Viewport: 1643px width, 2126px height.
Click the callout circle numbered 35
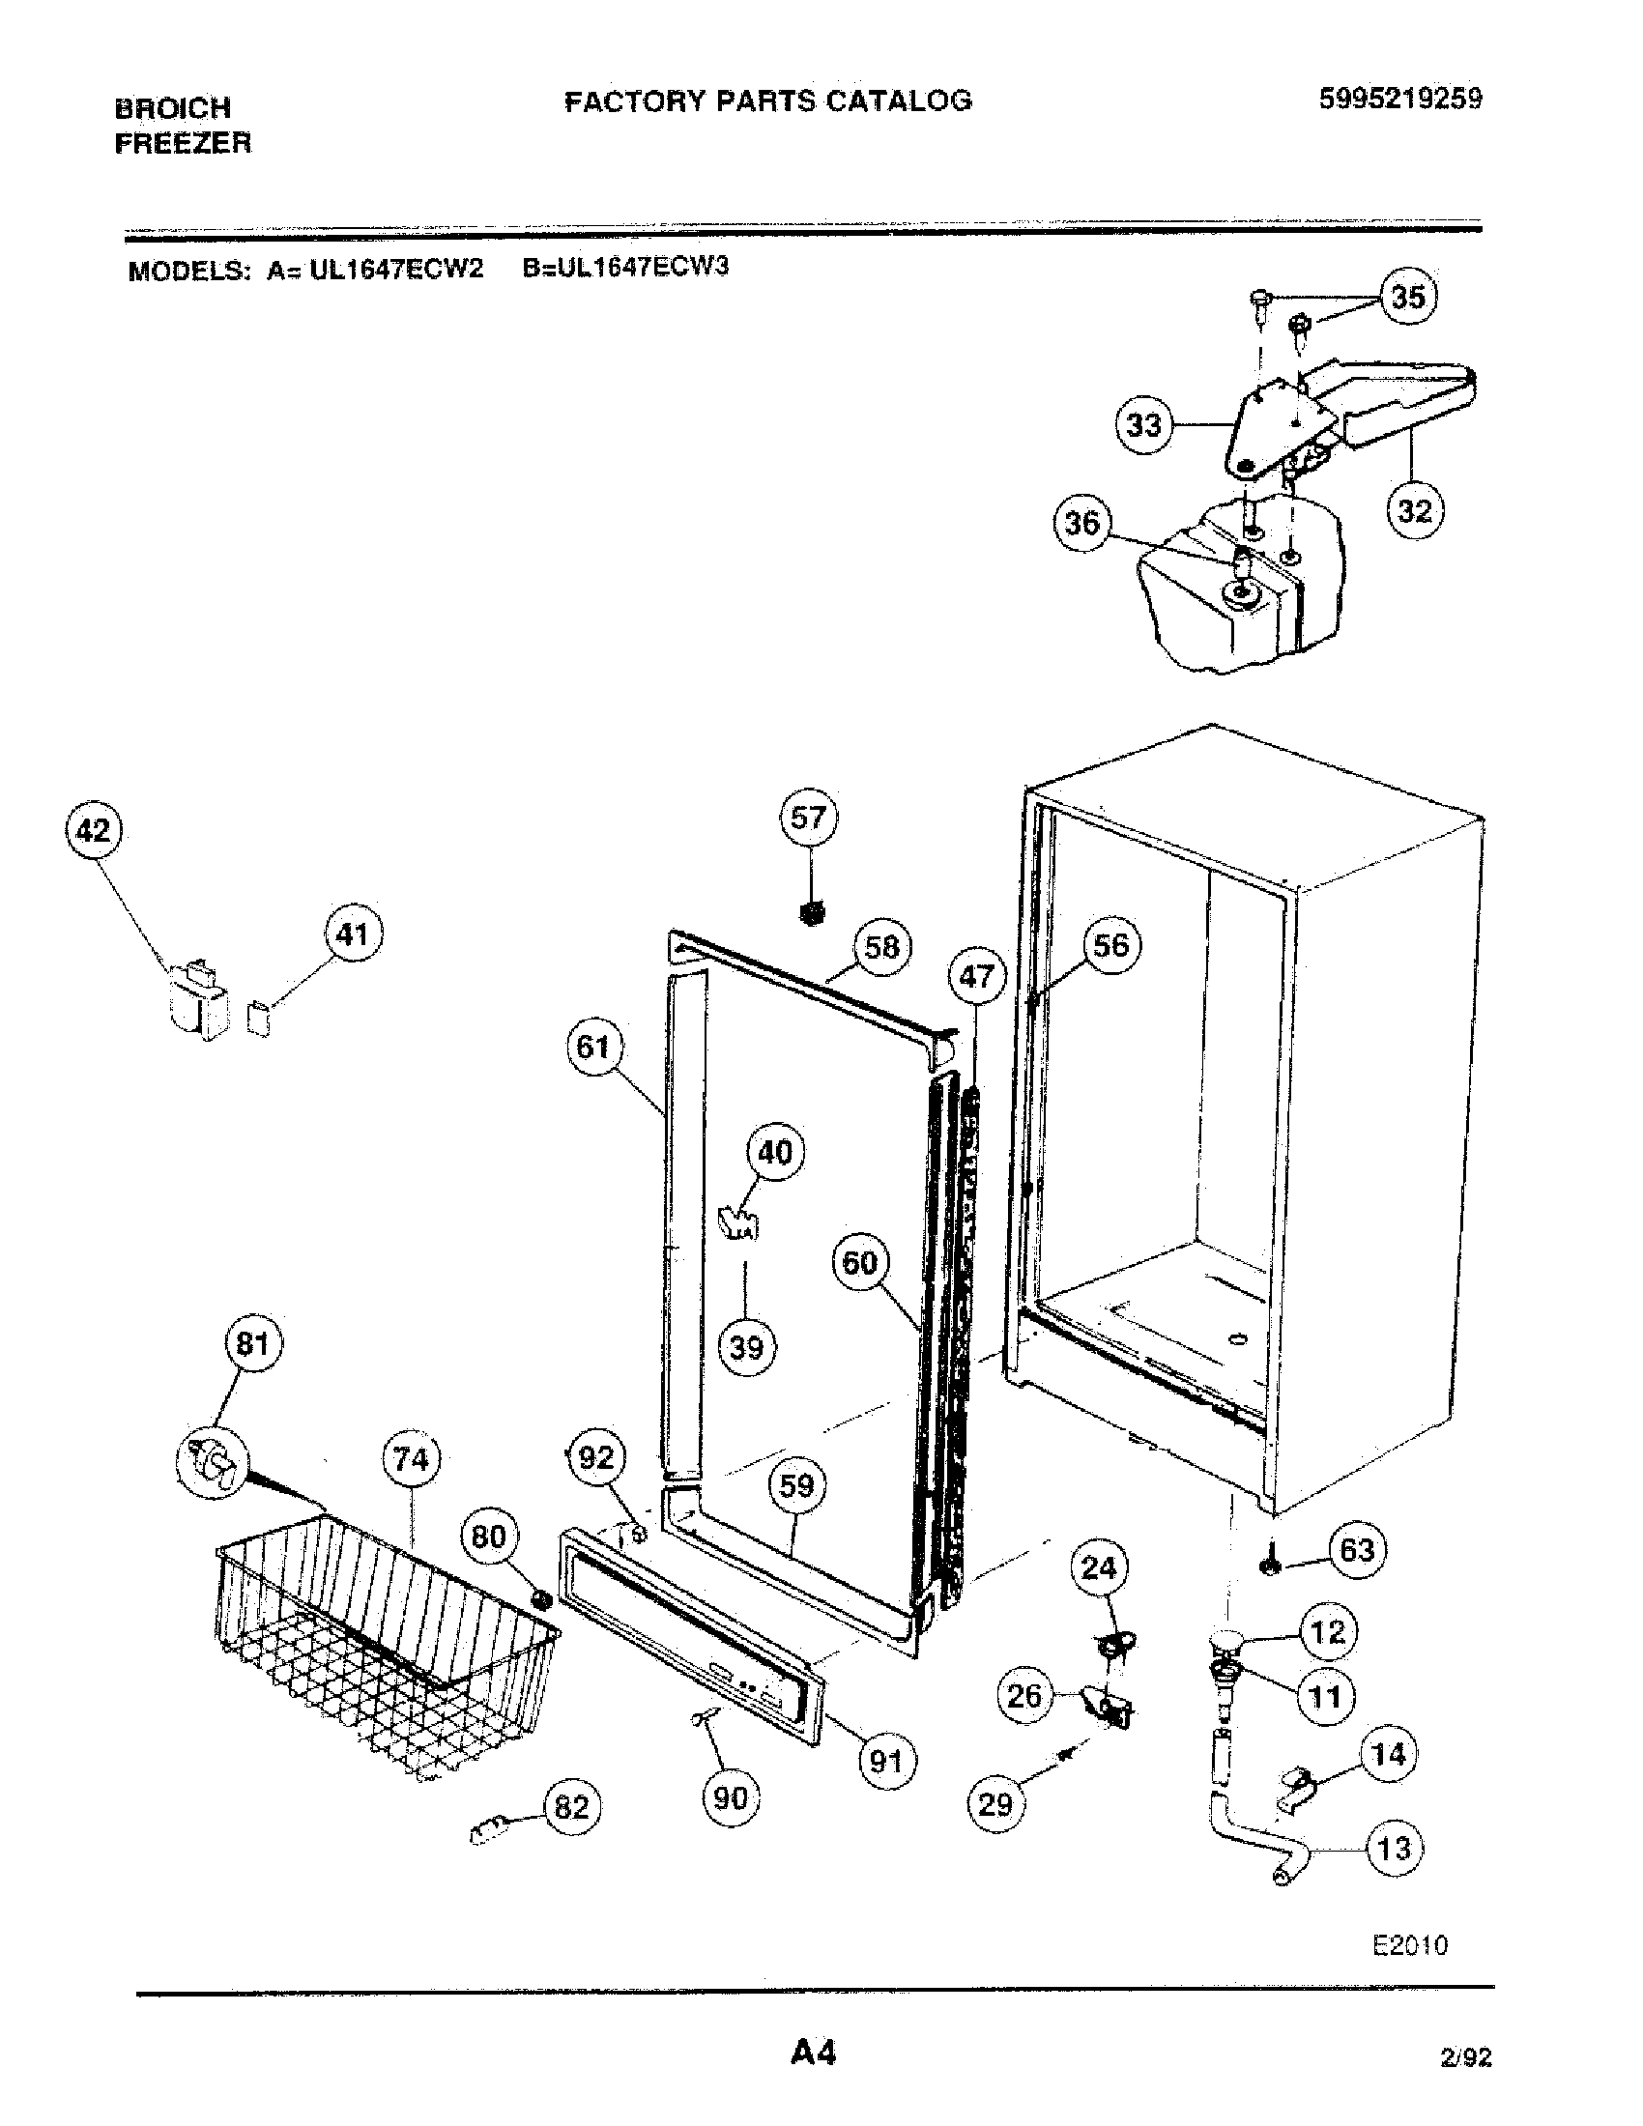1408,296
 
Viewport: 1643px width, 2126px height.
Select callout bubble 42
93,830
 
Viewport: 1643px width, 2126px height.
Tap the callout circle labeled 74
411,1458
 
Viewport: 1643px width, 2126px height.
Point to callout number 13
1394,1848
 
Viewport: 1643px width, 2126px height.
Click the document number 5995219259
1399,99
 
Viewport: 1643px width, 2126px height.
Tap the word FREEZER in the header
183,144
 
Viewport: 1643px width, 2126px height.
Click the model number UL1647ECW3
626,267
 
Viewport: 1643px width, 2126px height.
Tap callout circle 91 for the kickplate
885,1760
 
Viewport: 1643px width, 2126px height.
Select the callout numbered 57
808,818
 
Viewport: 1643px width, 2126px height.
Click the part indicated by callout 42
197,999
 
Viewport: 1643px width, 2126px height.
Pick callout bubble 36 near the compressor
1082,524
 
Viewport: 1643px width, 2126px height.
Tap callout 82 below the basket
571,1807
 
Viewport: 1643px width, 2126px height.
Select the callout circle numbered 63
1357,1549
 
